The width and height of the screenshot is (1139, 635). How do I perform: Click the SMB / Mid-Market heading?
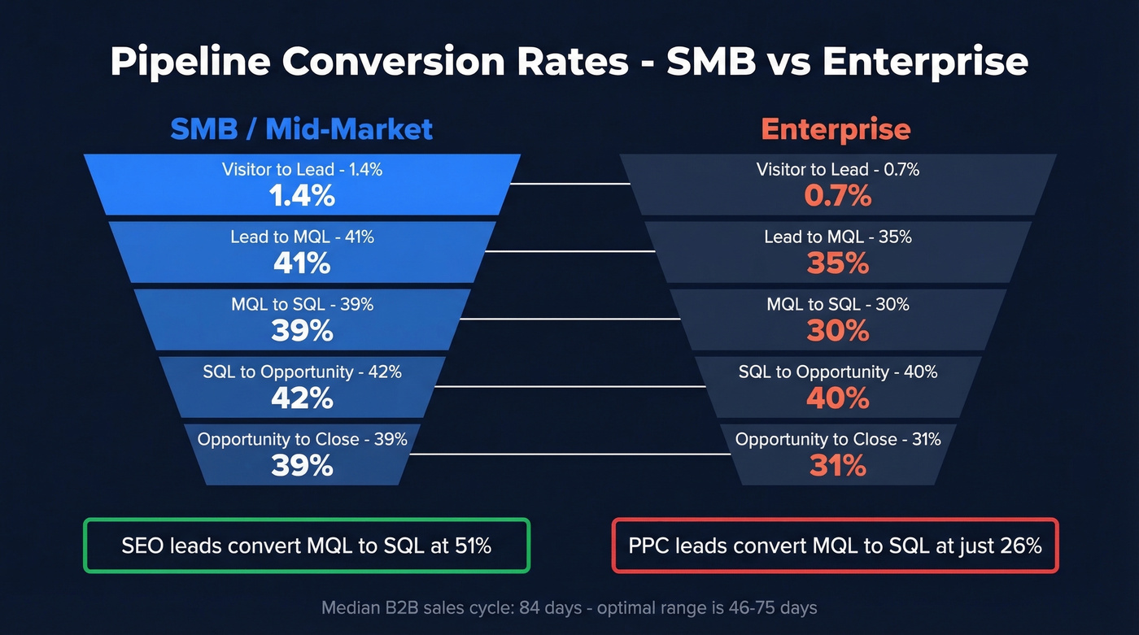[301, 129]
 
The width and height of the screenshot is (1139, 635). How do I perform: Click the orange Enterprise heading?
[836, 129]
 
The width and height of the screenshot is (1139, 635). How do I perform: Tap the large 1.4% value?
[302, 196]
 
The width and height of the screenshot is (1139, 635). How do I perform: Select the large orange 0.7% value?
[838, 196]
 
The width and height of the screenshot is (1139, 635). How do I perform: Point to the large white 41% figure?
[302, 263]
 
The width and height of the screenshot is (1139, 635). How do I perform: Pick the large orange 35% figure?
[838, 263]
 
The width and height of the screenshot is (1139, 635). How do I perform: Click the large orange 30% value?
[838, 331]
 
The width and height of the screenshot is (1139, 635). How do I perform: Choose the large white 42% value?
[302, 398]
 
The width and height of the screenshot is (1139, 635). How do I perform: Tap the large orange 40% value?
[838, 398]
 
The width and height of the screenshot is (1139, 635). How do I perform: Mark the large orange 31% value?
[838, 466]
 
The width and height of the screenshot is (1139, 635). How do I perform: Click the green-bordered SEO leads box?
[306, 546]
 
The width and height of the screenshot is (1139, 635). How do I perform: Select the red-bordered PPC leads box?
[835, 546]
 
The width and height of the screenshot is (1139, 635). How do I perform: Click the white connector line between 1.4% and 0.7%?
[569, 184]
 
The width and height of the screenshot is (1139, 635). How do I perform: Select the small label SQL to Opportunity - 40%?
[838, 372]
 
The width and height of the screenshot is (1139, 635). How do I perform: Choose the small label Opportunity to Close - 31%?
[838, 439]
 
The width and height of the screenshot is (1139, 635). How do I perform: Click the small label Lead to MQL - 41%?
[302, 237]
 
